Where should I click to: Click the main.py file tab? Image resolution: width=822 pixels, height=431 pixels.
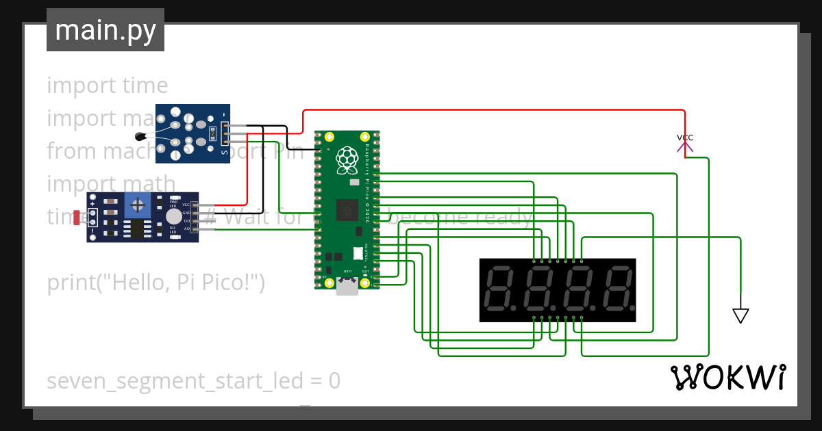click(x=105, y=31)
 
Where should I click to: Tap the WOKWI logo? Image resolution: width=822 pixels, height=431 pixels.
click(x=727, y=377)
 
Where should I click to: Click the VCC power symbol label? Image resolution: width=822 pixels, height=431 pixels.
click(x=685, y=138)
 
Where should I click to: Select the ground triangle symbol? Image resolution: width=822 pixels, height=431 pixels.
click(x=740, y=315)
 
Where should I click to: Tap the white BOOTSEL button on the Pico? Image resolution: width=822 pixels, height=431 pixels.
click(x=358, y=252)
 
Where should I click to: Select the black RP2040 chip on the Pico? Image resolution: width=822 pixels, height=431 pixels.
click(x=347, y=209)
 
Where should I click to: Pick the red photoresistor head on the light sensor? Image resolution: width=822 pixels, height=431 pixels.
click(x=76, y=217)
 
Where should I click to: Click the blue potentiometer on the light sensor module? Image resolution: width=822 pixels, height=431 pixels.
click(x=138, y=205)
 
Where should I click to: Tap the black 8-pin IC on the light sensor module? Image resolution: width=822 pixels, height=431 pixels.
click(x=140, y=230)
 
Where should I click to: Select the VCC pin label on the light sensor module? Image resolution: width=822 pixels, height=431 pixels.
click(x=186, y=205)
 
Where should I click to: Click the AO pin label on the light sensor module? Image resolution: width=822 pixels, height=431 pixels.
click(x=186, y=228)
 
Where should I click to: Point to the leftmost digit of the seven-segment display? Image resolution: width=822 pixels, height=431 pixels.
click(x=499, y=290)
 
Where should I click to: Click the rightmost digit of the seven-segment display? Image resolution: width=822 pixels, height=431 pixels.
click(x=616, y=290)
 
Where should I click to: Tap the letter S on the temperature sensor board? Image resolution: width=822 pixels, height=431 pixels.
click(x=225, y=153)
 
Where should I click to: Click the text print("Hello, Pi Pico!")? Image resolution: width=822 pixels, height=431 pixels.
click(x=155, y=283)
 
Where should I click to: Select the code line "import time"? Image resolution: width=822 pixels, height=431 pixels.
click(x=108, y=86)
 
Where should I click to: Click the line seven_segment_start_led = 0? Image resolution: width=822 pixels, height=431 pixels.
click(x=193, y=381)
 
